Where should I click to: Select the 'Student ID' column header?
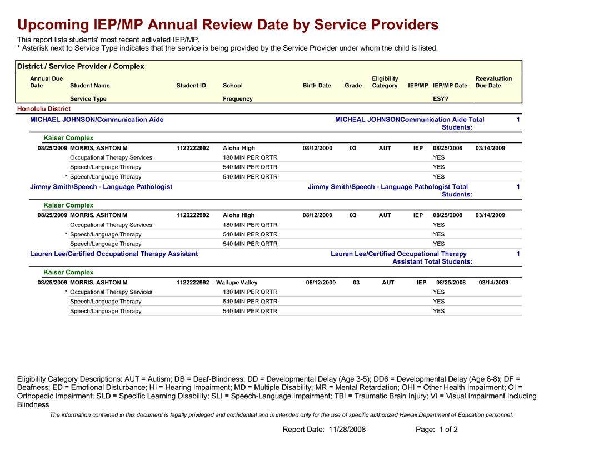click(x=191, y=86)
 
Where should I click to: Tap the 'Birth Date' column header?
click(x=317, y=86)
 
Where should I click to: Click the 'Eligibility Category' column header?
click(x=385, y=82)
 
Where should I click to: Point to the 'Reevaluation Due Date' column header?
click(x=493, y=82)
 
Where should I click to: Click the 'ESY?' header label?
click(x=441, y=99)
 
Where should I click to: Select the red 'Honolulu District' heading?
click(x=44, y=109)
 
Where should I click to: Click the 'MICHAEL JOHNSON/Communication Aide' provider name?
click(x=97, y=120)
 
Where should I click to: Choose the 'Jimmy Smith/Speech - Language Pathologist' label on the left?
click(x=101, y=187)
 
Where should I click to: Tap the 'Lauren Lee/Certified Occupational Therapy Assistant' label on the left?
click(x=114, y=254)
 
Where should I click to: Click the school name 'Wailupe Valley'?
click(x=237, y=283)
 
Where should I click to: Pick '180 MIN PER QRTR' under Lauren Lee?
click(x=250, y=292)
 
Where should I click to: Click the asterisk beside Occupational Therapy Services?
click(x=66, y=292)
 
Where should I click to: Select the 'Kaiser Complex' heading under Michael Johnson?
click(x=68, y=138)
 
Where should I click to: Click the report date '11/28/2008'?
click(x=347, y=430)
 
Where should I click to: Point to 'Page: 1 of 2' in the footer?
click(x=437, y=430)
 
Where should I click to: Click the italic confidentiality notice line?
click(x=281, y=415)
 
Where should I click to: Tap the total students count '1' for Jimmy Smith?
click(x=518, y=187)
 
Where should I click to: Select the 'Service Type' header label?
click(x=88, y=99)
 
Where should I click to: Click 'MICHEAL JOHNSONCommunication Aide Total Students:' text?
click(x=410, y=124)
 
